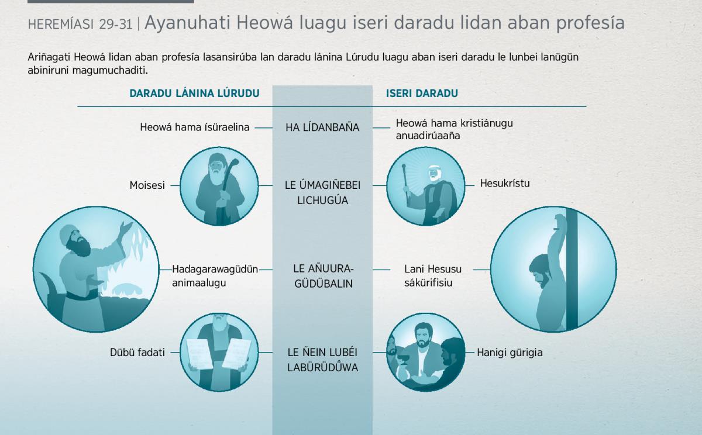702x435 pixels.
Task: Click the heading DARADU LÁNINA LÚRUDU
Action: (x=194, y=94)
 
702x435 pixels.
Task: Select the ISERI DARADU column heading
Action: (x=422, y=94)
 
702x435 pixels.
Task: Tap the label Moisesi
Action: (x=147, y=185)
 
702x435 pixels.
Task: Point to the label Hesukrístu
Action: (x=505, y=183)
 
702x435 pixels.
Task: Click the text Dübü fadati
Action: (x=137, y=353)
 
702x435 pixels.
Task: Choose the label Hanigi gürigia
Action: (x=510, y=353)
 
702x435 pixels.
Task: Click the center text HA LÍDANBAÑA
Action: (x=322, y=127)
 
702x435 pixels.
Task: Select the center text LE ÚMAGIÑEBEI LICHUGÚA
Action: (x=322, y=192)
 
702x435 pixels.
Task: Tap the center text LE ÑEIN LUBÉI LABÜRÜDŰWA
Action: (x=322, y=360)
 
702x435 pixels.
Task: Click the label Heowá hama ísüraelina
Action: (x=195, y=127)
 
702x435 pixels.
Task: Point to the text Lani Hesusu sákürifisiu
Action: (x=433, y=276)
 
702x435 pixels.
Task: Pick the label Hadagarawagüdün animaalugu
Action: (x=215, y=276)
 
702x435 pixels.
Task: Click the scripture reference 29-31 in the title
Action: (x=116, y=25)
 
